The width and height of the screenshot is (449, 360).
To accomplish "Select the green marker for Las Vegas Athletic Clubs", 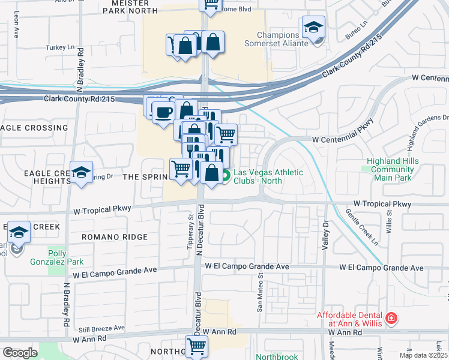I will point(226,176).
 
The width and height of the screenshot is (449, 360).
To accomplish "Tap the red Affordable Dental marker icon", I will point(391,317).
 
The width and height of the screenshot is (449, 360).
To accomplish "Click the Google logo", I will point(20,353).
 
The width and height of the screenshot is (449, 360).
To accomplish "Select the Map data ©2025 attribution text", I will point(423,355).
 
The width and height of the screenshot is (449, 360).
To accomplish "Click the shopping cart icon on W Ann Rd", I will point(196,346).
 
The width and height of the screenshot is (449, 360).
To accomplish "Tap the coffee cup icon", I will point(163,112).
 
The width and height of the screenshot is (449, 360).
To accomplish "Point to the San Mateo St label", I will point(261,294).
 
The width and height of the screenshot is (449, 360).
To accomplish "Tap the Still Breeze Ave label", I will point(103,328).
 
